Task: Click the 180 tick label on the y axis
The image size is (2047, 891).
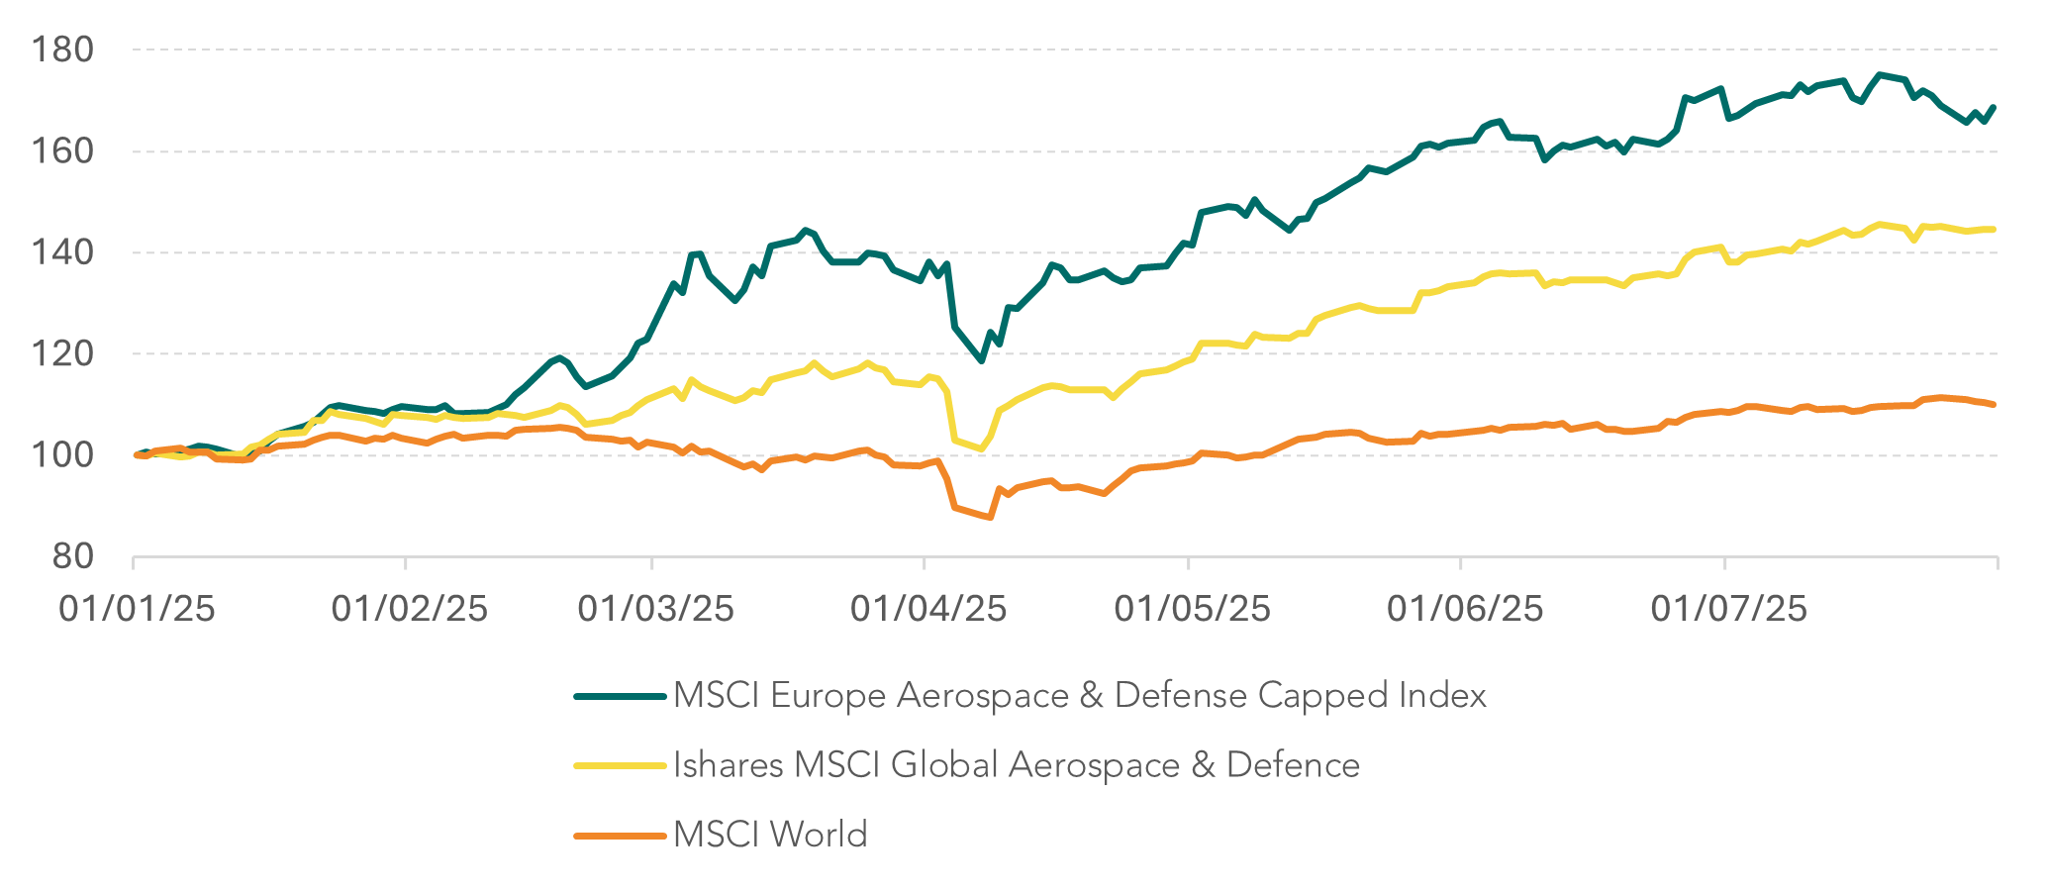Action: pos(62,49)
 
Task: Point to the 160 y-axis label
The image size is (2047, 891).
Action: pos(62,151)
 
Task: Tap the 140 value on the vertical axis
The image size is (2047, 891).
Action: pos(62,252)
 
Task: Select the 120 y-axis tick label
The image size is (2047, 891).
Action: pos(62,354)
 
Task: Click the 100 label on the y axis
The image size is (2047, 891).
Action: pos(62,455)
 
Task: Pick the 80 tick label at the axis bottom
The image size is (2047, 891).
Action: pos(73,557)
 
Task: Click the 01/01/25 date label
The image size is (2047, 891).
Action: pos(137,608)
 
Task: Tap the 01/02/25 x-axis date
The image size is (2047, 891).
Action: pos(409,608)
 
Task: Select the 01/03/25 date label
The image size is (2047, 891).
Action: pos(655,608)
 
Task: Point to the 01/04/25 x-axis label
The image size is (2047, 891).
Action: pos(927,608)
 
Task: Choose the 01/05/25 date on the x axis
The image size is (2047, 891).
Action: pos(1192,608)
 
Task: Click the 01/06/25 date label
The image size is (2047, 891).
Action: pos(1464,608)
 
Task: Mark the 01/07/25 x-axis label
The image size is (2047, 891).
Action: pos(1728,608)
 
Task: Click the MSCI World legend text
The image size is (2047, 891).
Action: pos(770,835)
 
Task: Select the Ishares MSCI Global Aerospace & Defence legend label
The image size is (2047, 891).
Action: pos(1017,765)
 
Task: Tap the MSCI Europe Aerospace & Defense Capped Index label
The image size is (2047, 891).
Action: pos(1079,696)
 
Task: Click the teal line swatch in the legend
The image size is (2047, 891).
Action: pos(620,697)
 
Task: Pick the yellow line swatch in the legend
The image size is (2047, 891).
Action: pos(620,766)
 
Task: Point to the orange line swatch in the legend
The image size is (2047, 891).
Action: pos(620,836)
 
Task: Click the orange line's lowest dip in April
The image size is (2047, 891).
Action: pos(989,517)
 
